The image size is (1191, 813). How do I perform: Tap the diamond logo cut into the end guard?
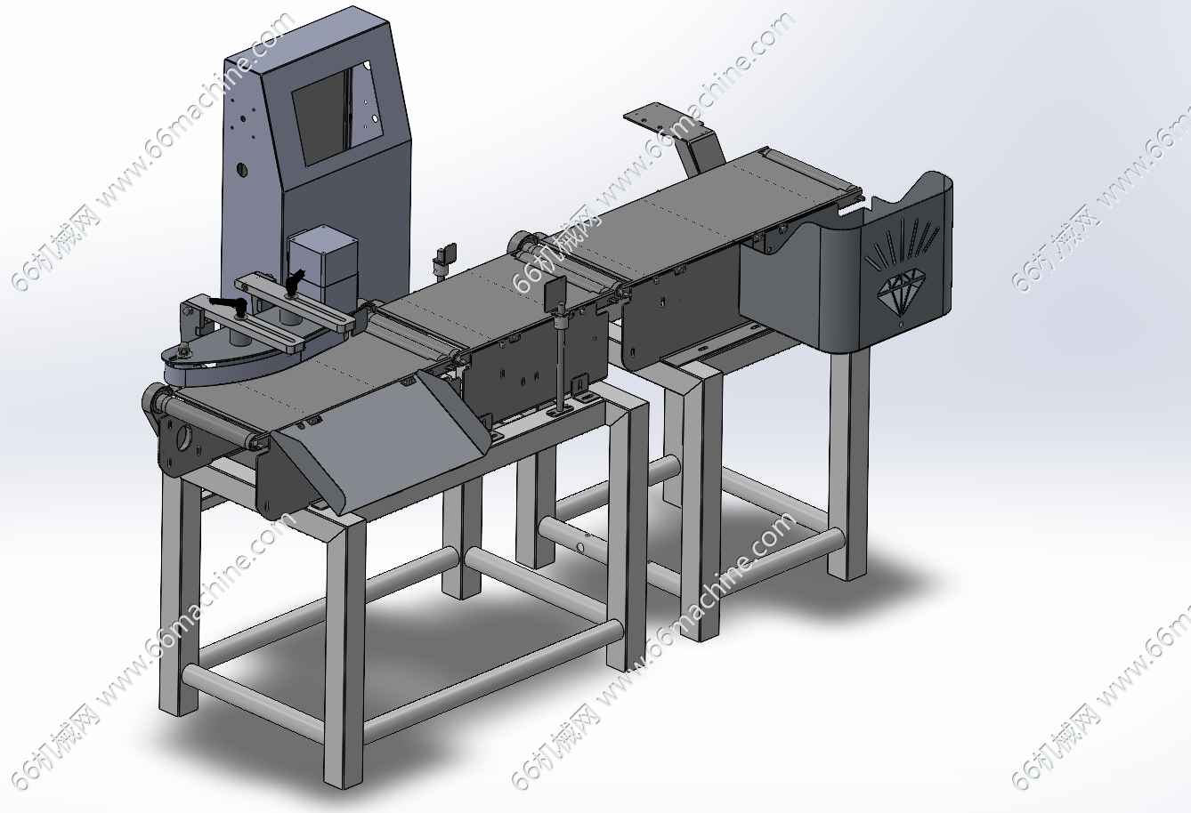tap(901, 290)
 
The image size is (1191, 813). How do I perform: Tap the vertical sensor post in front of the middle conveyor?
tap(561, 361)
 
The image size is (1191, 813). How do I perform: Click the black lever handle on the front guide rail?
tap(229, 304)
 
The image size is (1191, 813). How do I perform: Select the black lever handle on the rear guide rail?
tap(295, 280)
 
